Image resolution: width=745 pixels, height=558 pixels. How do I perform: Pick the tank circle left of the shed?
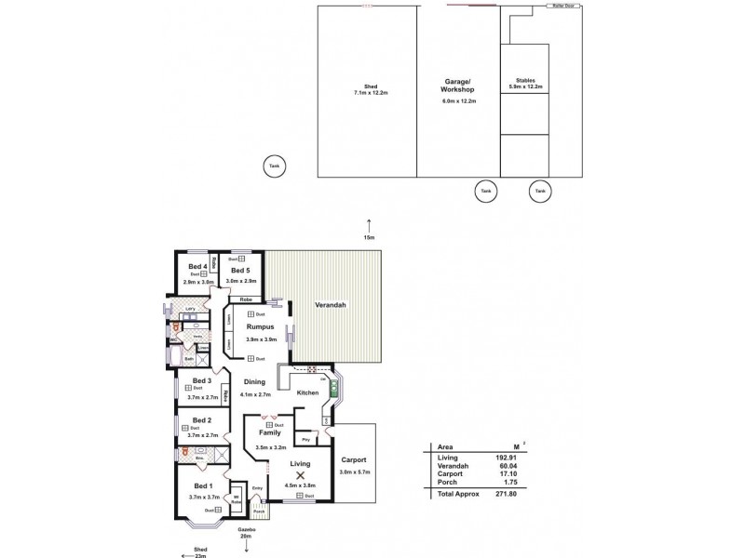[273, 166]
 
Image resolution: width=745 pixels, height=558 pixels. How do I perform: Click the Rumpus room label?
[259, 327]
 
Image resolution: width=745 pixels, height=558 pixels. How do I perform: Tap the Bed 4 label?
[196, 266]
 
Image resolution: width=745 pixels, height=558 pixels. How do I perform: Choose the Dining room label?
[255, 381]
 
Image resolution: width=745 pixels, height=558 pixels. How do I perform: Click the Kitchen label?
[308, 393]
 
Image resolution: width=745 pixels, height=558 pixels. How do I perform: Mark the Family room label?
[270, 433]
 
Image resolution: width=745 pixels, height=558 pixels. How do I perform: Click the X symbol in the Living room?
[300, 475]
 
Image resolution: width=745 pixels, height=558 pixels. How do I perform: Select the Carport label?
[354, 460]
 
